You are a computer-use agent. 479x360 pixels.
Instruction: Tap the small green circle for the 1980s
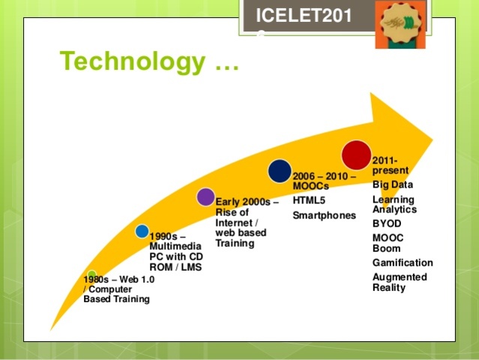[91, 275]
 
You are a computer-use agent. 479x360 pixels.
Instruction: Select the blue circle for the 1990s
[142, 231]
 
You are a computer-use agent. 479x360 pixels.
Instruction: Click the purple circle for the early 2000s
[205, 197]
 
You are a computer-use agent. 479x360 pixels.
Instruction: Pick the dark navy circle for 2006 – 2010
[280, 171]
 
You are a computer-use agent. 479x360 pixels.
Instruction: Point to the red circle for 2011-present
[356, 154]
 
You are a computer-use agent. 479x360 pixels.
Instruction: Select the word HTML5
[309, 200]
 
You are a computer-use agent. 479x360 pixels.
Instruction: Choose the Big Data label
[393, 184]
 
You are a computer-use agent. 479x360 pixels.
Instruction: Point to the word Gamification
[403, 262]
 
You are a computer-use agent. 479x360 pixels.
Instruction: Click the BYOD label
[387, 223]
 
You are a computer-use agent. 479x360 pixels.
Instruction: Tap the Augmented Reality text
[400, 282]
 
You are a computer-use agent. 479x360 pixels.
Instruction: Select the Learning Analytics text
[394, 204]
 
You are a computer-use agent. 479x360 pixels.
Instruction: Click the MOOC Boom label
[388, 243]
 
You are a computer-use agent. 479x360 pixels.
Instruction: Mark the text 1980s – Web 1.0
[118, 280]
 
